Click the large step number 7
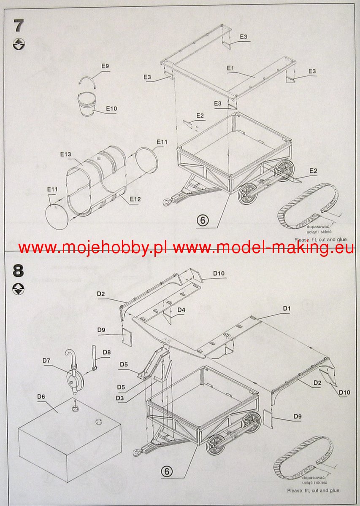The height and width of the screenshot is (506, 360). pos(19,26)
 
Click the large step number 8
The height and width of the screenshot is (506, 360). pos(19,270)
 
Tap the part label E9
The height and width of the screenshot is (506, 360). pos(105,66)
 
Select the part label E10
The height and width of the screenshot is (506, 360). pos(111,109)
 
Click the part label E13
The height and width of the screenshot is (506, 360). pos(65,155)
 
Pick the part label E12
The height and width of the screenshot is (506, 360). pos(135,199)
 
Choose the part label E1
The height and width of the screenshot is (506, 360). pos(230,68)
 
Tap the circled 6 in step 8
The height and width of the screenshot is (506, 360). pos(167,471)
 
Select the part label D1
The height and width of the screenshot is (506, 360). pos(287,309)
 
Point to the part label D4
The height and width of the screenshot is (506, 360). pos(181,310)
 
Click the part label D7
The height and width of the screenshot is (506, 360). pos(46,360)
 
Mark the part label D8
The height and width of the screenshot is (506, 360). pos(106,352)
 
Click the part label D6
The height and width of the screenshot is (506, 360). pos(41,396)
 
